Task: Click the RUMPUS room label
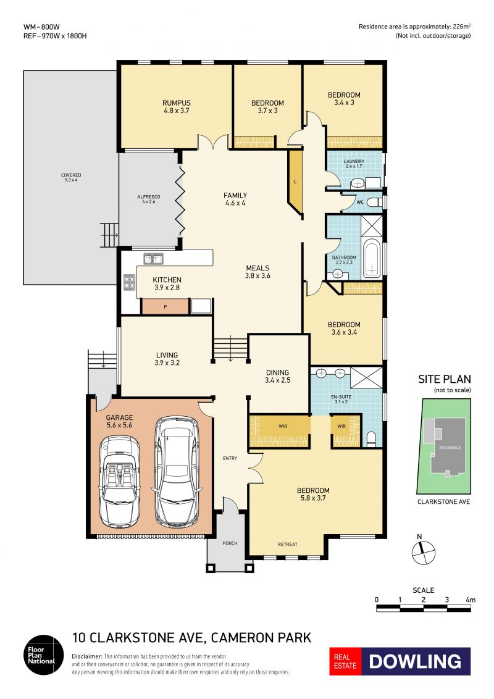pyautogui.click(x=177, y=103)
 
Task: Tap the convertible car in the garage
pyautogui.click(x=120, y=480)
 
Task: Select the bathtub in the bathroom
pyautogui.click(x=371, y=259)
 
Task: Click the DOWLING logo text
pyautogui.click(x=415, y=661)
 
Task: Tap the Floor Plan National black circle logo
pyautogui.click(x=44, y=655)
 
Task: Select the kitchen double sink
pyautogui.click(x=153, y=259)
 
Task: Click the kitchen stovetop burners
pyautogui.click(x=129, y=282)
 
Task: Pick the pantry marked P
pyautogui.click(x=165, y=307)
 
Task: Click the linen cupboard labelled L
pyautogui.click(x=295, y=182)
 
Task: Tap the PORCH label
pyautogui.click(x=230, y=543)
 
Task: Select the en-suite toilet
pyautogui.click(x=371, y=439)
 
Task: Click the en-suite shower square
pyautogui.click(x=367, y=377)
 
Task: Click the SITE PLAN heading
pyautogui.click(x=445, y=379)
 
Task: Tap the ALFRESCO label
pyautogui.click(x=148, y=196)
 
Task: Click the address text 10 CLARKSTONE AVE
pyautogui.click(x=138, y=638)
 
